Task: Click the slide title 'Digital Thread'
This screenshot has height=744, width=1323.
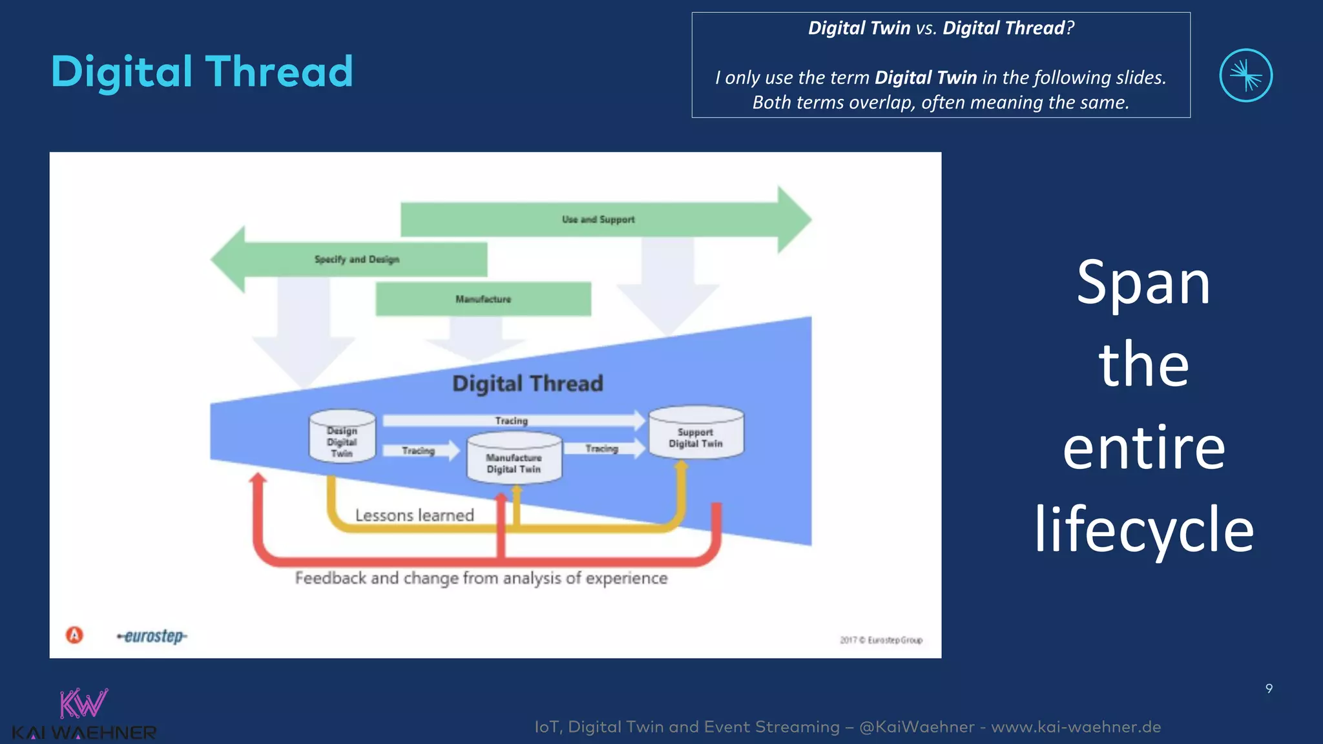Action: pos(202,72)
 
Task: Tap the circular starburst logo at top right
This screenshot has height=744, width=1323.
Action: pos(1245,76)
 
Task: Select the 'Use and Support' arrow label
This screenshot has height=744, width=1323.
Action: pos(598,220)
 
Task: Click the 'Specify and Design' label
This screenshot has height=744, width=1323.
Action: pos(357,260)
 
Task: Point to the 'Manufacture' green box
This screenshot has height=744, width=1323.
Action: pos(483,299)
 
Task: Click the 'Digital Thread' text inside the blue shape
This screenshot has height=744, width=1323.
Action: pos(527,384)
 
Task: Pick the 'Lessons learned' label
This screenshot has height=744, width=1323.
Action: pos(414,515)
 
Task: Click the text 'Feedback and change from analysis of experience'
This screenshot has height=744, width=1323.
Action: pos(481,578)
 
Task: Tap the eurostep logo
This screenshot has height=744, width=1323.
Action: pos(152,637)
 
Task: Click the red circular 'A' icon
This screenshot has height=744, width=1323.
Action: pos(75,635)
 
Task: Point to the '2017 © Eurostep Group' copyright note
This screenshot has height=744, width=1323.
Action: pos(881,640)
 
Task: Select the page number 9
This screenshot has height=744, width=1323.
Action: pos(1269,688)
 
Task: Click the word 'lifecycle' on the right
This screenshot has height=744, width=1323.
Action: pos(1143,530)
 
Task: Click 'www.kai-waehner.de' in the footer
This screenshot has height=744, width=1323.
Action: pos(1076,727)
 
